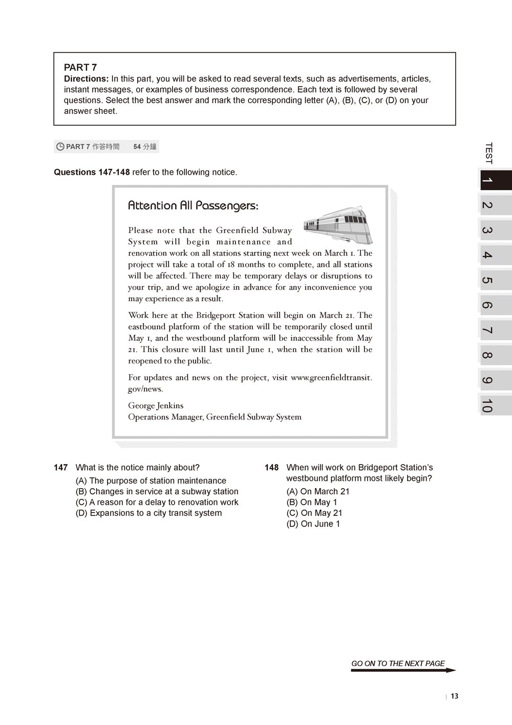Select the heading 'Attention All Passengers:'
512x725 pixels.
[193, 206]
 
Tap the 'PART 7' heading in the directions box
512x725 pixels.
[80, 67]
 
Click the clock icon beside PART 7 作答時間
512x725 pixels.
[60, 147]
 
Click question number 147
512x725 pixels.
[61, 468]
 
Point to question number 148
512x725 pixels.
[272, 468]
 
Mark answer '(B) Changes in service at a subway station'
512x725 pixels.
[157, 492]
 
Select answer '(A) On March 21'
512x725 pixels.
[318, 492]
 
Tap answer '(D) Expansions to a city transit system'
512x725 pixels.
[148, 513]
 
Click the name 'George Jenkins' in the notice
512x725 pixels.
[156, 406]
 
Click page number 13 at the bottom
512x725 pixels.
[455, 696]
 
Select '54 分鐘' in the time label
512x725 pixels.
[145, 147]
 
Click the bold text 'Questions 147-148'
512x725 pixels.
[92, 172]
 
